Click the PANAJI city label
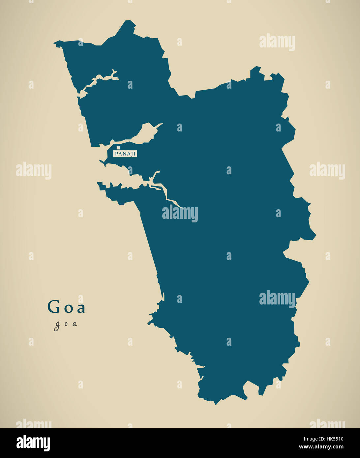click(125, 154)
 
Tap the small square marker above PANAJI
click(118, 148)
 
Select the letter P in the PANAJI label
click(116, 154)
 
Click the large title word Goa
click(66, 307)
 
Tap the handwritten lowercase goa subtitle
click(66, 324)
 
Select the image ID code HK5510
click(334, 439)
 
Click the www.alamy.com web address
click(321, 447)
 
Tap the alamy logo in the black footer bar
click(33, 443)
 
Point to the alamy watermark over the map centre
click(180, 214)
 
